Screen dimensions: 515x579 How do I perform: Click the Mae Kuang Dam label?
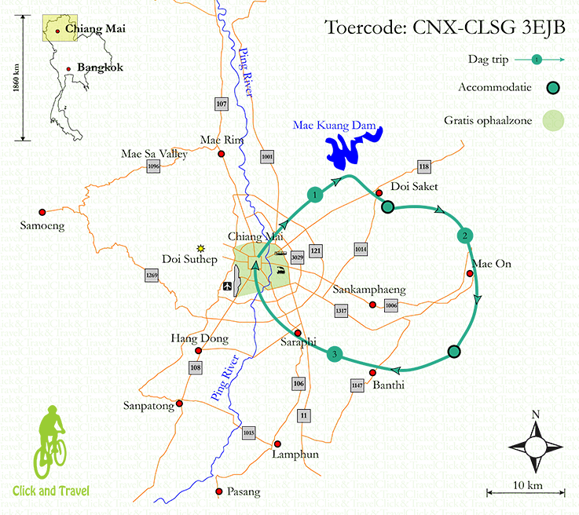tap(334, 126)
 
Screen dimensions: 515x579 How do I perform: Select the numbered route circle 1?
tap(314, 194)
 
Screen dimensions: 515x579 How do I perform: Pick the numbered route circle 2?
tap(465, 236)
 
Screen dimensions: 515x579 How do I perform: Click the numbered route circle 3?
tap(335, 355)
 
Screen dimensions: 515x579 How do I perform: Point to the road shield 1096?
tap(153, 166)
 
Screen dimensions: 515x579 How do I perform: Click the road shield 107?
tap(221, 104)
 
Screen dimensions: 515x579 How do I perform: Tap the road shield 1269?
tap(152, 275)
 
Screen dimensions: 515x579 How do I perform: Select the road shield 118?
tap(424, 166)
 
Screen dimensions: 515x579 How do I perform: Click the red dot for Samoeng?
tap(43, 210)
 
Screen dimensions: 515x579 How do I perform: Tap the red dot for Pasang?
tap(218, 491)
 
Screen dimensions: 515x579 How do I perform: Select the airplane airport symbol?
tap(228, 285)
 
